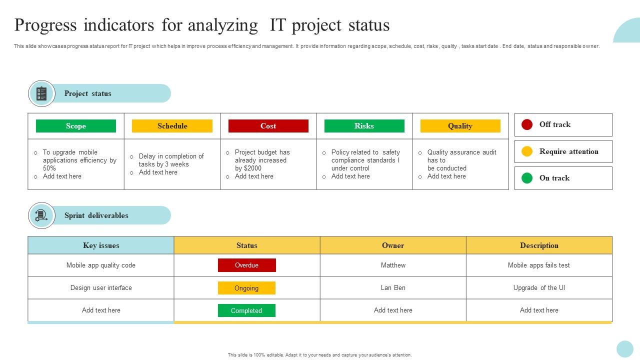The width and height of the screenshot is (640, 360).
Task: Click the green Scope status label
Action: point(76,126)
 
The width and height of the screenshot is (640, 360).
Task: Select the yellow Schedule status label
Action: point(172,126)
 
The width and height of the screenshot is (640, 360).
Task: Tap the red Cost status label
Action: point(268,126)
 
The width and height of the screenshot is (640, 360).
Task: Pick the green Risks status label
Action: point(364,126)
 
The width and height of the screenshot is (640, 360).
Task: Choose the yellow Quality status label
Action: point(460,126)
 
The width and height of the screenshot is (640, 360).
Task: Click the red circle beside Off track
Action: point(527,124)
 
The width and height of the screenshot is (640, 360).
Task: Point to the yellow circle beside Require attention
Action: point(527,151)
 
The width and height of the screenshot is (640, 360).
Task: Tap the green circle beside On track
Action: point(527,178)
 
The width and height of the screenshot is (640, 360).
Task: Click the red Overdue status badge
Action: point(246,265)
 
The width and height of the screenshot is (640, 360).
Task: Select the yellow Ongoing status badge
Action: point(246,288)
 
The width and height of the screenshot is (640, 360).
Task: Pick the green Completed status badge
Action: point(246,310)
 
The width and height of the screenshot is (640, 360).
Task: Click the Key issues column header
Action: point(101,245)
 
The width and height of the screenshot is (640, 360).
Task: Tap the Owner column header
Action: point(393,245)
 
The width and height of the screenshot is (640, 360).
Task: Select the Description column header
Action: point(539,245)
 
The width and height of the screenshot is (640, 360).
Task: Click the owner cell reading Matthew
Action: point(393,265)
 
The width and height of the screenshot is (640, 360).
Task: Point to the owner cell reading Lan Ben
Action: point(393,288)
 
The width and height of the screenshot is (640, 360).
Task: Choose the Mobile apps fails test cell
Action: point(539,265)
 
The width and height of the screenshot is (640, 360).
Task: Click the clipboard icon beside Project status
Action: point(41,93)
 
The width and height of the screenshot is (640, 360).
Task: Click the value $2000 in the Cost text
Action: point(252,168)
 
